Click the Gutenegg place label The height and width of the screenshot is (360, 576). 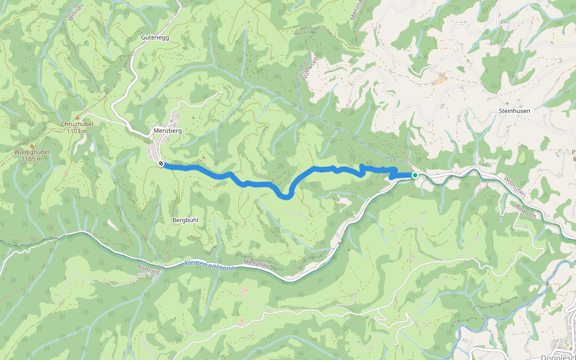coord(155,37)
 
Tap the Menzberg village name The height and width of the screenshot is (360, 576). coord(167,130)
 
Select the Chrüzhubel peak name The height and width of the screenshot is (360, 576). coord(76,124)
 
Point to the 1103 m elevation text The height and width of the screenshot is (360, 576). coord(77,131)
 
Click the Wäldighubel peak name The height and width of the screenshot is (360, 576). coord(31,152)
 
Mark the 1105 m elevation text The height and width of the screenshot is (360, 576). coord(32,159)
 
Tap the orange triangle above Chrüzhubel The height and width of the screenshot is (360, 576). coord(77,117)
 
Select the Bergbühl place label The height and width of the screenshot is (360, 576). coord(185,220)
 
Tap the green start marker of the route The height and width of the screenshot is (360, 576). coord(415,175)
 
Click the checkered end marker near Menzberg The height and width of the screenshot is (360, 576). coord(161,163)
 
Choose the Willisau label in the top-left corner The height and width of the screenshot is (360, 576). coord(73,12)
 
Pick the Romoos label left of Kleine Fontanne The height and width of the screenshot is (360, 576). coord(148,268)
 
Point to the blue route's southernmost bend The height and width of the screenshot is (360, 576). coord(287,196)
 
